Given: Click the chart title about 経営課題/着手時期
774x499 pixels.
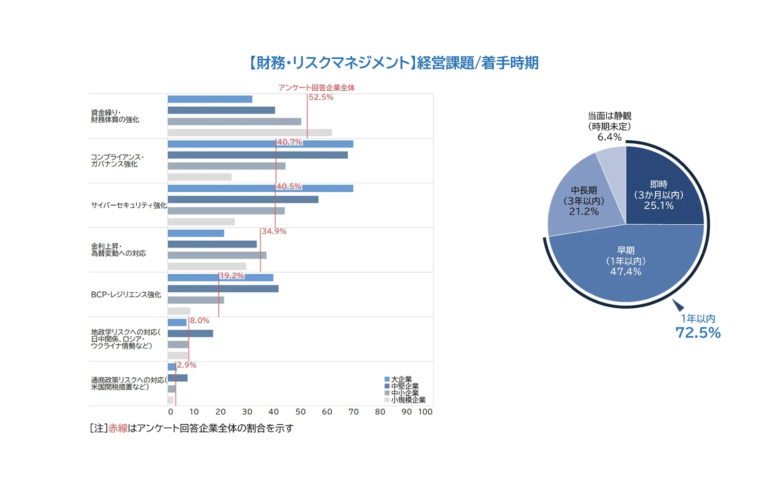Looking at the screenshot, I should pos(393,63).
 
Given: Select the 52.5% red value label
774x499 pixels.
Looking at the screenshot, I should pos(320,97).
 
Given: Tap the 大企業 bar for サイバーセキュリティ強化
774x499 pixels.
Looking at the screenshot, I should pos(260,188).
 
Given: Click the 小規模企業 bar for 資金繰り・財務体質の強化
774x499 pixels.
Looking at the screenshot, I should pos(249,132).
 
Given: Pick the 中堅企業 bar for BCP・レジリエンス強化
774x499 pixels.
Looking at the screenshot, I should pos(223,289).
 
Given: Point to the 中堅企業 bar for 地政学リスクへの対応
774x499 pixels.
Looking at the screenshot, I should pos(190,334).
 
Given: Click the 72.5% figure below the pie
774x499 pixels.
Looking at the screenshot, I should pos(698,332).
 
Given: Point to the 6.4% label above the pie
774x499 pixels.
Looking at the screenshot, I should pos(609,137).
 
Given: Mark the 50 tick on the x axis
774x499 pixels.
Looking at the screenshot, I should pos(300,412).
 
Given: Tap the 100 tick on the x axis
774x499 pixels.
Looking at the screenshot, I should pos(425,412).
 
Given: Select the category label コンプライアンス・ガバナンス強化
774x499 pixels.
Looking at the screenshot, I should pos(117,161).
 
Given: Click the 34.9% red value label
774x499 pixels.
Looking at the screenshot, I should pos(273,231).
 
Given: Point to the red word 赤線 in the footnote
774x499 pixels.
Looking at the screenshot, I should pos(118,428).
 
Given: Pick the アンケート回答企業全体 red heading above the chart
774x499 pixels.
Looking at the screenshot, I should pos(316,88).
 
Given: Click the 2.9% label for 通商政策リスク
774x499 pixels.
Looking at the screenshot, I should pos(186,365).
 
